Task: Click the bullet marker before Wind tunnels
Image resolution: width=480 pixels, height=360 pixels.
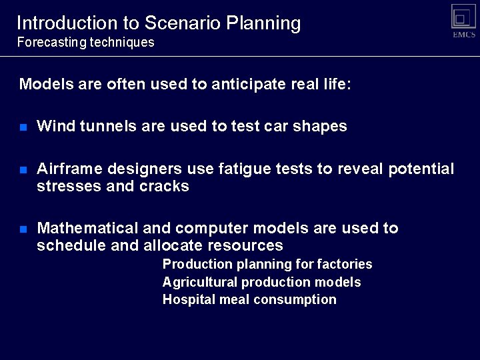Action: (x=23, y=127)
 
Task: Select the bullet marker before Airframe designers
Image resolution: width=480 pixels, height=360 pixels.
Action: (x=23, y=170)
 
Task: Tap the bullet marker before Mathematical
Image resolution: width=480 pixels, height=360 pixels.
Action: (x=23, y=229)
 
